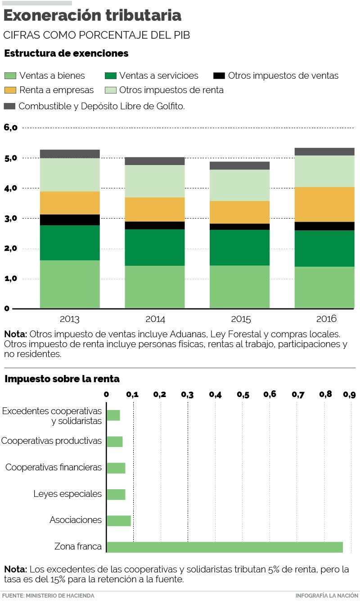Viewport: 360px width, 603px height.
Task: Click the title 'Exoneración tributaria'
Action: pos(93,16)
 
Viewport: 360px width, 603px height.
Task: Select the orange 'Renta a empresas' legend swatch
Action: pos(10,90)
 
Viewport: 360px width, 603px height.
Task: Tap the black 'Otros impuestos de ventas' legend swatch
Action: pos(219,76)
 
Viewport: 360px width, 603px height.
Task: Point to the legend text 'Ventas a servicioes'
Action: pos(158,76)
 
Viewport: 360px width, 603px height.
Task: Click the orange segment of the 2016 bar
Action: pos(324,204)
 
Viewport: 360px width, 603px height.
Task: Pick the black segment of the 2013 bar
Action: pos(70,220)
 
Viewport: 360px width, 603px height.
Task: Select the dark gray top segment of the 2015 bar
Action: pos(240,165)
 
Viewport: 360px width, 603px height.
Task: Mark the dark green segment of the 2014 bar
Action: pos(155,247)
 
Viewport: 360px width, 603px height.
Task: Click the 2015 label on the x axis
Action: pos(241,320)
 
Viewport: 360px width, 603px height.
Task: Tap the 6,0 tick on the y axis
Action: pos(10,127)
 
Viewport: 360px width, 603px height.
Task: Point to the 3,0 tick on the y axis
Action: pos(10,219)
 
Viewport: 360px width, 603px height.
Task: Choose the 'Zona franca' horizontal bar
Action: pos(225,547)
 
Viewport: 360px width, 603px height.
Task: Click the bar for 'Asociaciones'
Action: pos(119,521)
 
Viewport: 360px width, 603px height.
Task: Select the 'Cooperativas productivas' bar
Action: pos(115,442)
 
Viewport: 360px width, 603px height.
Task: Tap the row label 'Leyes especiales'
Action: pos(67,494)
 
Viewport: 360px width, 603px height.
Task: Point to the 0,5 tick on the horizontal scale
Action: pos(243,395)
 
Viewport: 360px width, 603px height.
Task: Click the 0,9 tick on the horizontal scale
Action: pos(350,395)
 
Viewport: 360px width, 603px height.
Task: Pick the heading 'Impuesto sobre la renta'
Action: pos(62,379)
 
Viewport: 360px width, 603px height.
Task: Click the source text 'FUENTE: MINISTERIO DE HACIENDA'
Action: pos(48,595)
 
